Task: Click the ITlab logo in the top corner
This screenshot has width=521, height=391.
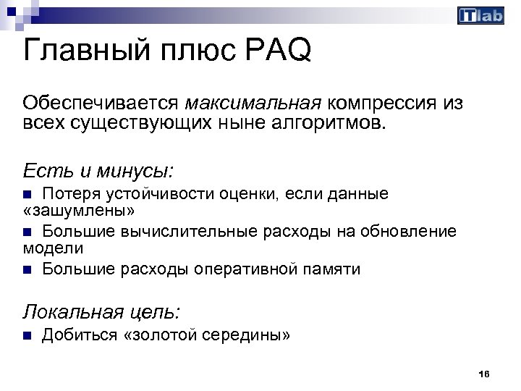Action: (x=480, y=15)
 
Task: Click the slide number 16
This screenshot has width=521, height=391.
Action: (x=484, y=374)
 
